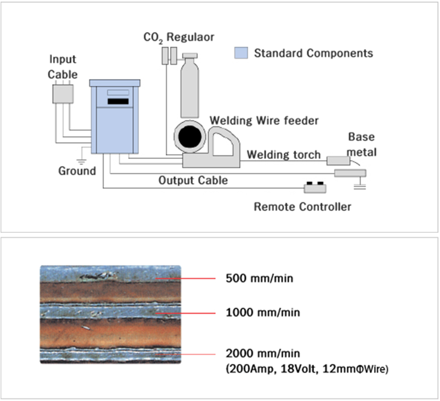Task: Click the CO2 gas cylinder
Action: (190, 87)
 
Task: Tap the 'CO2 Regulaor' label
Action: (179, 37)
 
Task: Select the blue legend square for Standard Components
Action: (241, 53)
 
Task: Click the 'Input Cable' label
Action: (62, 66)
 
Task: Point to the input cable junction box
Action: (62, 93)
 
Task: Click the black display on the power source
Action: (118, 102)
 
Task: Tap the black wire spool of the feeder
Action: (189, 137)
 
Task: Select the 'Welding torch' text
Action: (284, 155)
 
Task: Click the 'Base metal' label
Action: (362, 144)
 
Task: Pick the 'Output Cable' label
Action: (193, 180)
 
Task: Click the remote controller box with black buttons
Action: (315, 187)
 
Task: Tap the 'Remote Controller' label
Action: (302, 207)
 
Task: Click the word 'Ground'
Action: (77, 170)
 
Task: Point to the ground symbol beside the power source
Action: (82, 158)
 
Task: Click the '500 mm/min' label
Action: (259, 279)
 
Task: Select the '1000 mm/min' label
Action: (262, 313)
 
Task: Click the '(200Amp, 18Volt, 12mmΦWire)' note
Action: (307, 369)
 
